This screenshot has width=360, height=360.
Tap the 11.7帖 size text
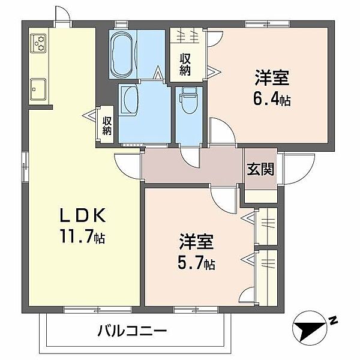82,238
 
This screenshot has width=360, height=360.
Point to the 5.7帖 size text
196,262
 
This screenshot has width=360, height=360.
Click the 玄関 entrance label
260,169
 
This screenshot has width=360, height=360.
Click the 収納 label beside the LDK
107,126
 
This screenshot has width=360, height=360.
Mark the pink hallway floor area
192,165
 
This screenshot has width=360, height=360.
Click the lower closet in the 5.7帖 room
265,273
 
